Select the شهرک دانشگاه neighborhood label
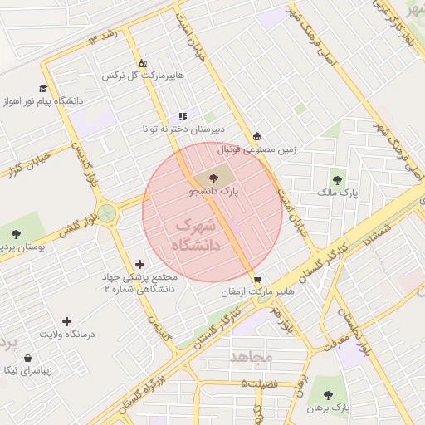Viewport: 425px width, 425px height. (x=198, y=235)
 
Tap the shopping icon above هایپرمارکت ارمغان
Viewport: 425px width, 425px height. (x=257, y=280)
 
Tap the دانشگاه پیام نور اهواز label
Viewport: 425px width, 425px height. (x=42, y=101)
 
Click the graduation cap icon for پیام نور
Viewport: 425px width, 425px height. (x=42, y=88)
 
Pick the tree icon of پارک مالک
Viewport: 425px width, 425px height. (x=338, y=178)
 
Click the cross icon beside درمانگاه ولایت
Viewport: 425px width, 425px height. (x=67, y=320)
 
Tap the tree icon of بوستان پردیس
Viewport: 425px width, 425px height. (x=16, y=234)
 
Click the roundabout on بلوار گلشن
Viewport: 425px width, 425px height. (x=106, y=212)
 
